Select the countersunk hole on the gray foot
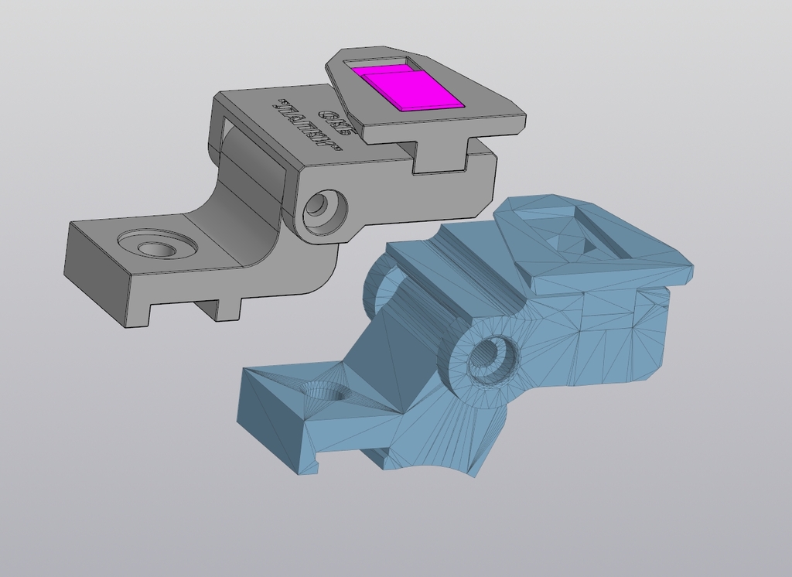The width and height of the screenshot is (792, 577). pos(157,247)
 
